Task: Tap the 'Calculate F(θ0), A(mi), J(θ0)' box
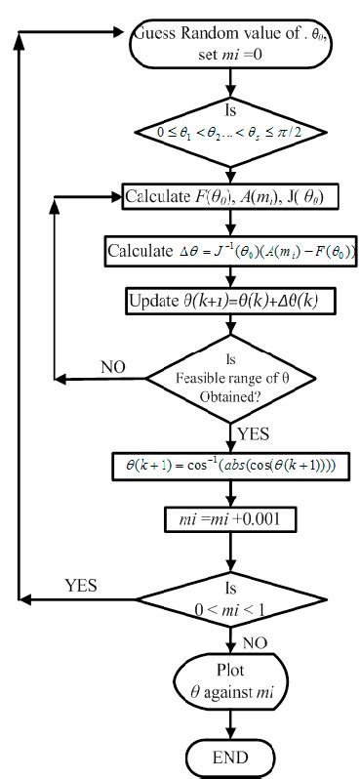pyautogui.click(x=231, y=198)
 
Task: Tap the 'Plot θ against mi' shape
pyautogui.click(x=232, y=685)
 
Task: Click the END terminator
pyautogui.click(x=232, y=758)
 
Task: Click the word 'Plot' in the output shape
pyautogui.click(x=232, y=674)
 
